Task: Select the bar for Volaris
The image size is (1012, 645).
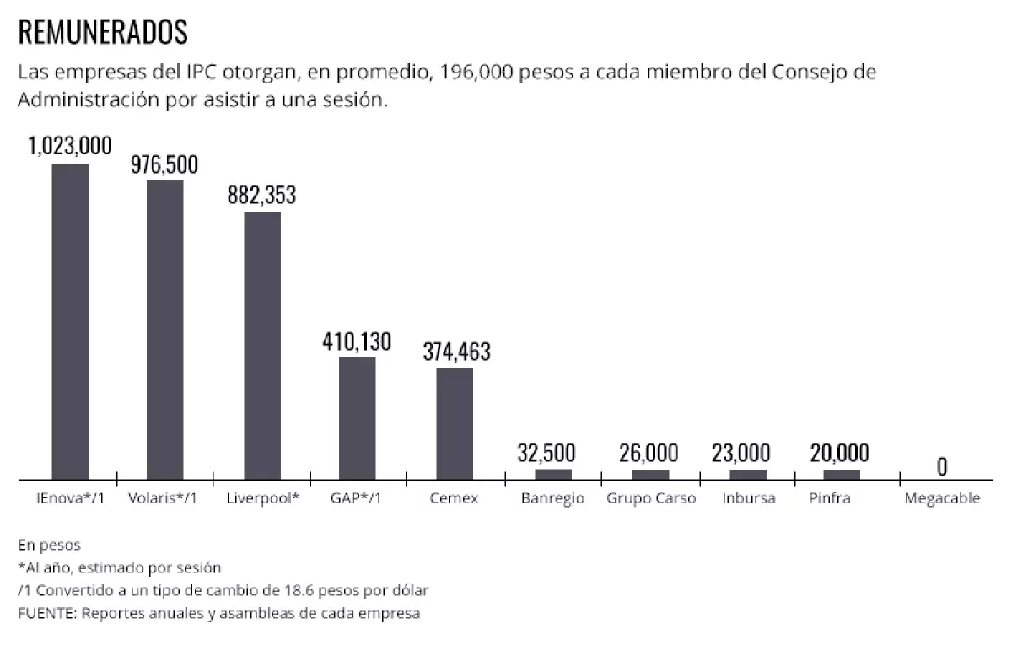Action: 164,330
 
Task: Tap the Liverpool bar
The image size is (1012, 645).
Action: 262,346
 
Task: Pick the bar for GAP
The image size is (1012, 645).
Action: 358,418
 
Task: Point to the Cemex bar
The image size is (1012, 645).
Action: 455,424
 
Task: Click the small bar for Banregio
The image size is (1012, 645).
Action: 552,474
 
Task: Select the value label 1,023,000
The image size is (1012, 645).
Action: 70,146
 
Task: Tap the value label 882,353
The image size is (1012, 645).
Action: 262,195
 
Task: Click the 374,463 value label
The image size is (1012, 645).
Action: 455,351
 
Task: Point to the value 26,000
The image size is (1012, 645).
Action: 650,453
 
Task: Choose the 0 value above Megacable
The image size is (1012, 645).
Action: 942,466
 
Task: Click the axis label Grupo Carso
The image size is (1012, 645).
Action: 651,498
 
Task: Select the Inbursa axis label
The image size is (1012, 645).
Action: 748,498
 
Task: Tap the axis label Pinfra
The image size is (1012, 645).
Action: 829,498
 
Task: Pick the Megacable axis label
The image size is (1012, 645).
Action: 942,498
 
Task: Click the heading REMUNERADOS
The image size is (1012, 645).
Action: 102,33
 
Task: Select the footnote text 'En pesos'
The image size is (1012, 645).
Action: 49,546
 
